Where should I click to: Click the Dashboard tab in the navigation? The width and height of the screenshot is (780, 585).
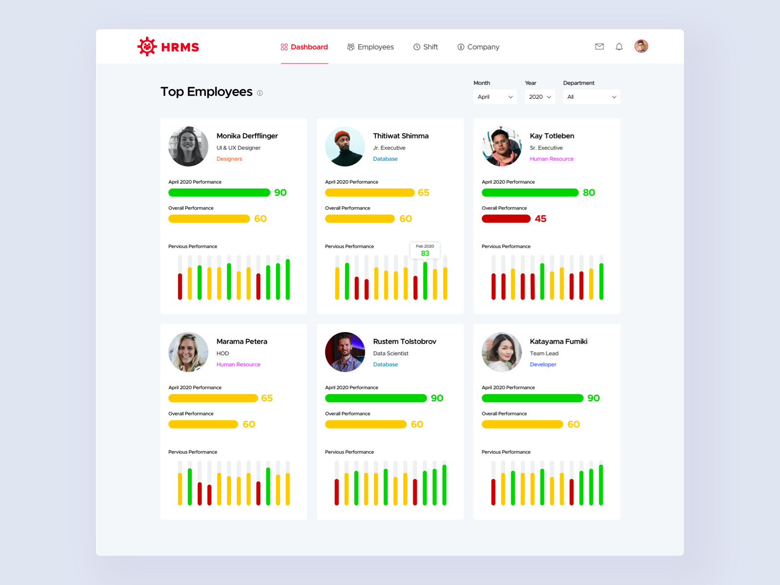pyautogui.click(x=305, y=47)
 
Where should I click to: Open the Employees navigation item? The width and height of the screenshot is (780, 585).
pyautogui.click(x=370, y=47)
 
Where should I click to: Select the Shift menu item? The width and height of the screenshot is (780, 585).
pyautogui.click(x=426, y=47)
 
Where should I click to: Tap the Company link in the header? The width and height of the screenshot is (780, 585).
pyautogui.click(x=478, y=47)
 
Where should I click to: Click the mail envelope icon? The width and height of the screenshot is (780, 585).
pyautogui.click(x=600, y=47)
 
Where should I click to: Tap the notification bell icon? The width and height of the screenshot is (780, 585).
pyautogui.click(x=619, y=47)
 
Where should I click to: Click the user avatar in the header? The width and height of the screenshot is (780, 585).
pyautogui.click(x=641, y=46)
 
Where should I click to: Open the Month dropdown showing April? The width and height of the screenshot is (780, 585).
pyautogui.click(x=495, y=97)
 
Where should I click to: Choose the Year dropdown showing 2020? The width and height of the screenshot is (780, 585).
pyautogui.click(x=540, y=97)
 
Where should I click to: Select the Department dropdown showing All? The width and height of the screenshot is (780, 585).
pyautogui.click(x=591, y=97)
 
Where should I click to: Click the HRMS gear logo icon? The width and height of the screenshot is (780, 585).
pyautogui.click(x=147, y=47)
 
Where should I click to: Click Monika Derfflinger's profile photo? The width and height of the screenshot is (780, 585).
pyautogui.click(x=188, y=147)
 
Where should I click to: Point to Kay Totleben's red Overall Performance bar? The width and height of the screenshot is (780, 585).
pyautogui.click(x=506, y=219)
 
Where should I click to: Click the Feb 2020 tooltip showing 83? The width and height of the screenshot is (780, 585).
pyautogui.click(x=425, y=251)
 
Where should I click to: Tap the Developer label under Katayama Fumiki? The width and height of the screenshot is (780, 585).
pyautogui.click(x=543, y=365)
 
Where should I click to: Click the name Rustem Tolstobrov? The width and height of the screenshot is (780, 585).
pyautogui.click(x=405, y=342)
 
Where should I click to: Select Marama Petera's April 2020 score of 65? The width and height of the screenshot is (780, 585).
pyautogui.click(x=267, y=398)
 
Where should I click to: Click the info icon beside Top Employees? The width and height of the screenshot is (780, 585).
pyautogui.click(x=260, y=93)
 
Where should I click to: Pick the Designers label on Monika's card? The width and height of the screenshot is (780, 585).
pyautogui.click(x=229, y=159)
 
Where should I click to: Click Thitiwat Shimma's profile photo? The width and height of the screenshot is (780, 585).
pyautogui.click(x=345, y=147)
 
